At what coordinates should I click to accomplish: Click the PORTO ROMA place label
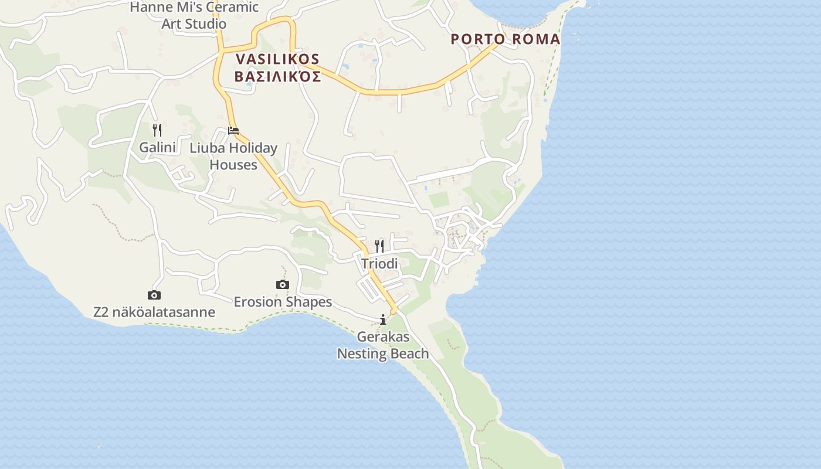pos(505,39)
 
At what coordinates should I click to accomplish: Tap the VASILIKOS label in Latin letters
pos(277,59)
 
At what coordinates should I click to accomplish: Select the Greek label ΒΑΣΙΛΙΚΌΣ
pos(277,77)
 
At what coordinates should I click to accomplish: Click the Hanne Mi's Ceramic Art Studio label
pos(194,16)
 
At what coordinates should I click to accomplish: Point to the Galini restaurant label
pos(157,147)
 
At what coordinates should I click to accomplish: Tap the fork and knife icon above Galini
pos(157,130)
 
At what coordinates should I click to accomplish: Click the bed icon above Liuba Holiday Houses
pos(233,130)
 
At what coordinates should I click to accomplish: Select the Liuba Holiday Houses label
pos(233,157)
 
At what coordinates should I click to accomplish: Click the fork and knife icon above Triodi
pos(379,246)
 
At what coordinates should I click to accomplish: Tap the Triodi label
pos(379,264)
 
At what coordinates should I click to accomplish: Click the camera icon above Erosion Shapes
pos(283,285)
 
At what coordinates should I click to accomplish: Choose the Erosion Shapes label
pos(283,302)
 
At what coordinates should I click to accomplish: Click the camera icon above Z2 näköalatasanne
pos(154,295)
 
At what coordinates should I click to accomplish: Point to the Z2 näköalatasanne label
pos(154,312)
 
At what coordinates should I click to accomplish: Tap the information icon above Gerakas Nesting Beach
pos(383,320)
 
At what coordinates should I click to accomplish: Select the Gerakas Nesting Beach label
pos(383,345)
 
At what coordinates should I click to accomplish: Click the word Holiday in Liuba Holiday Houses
pos(250,148)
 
